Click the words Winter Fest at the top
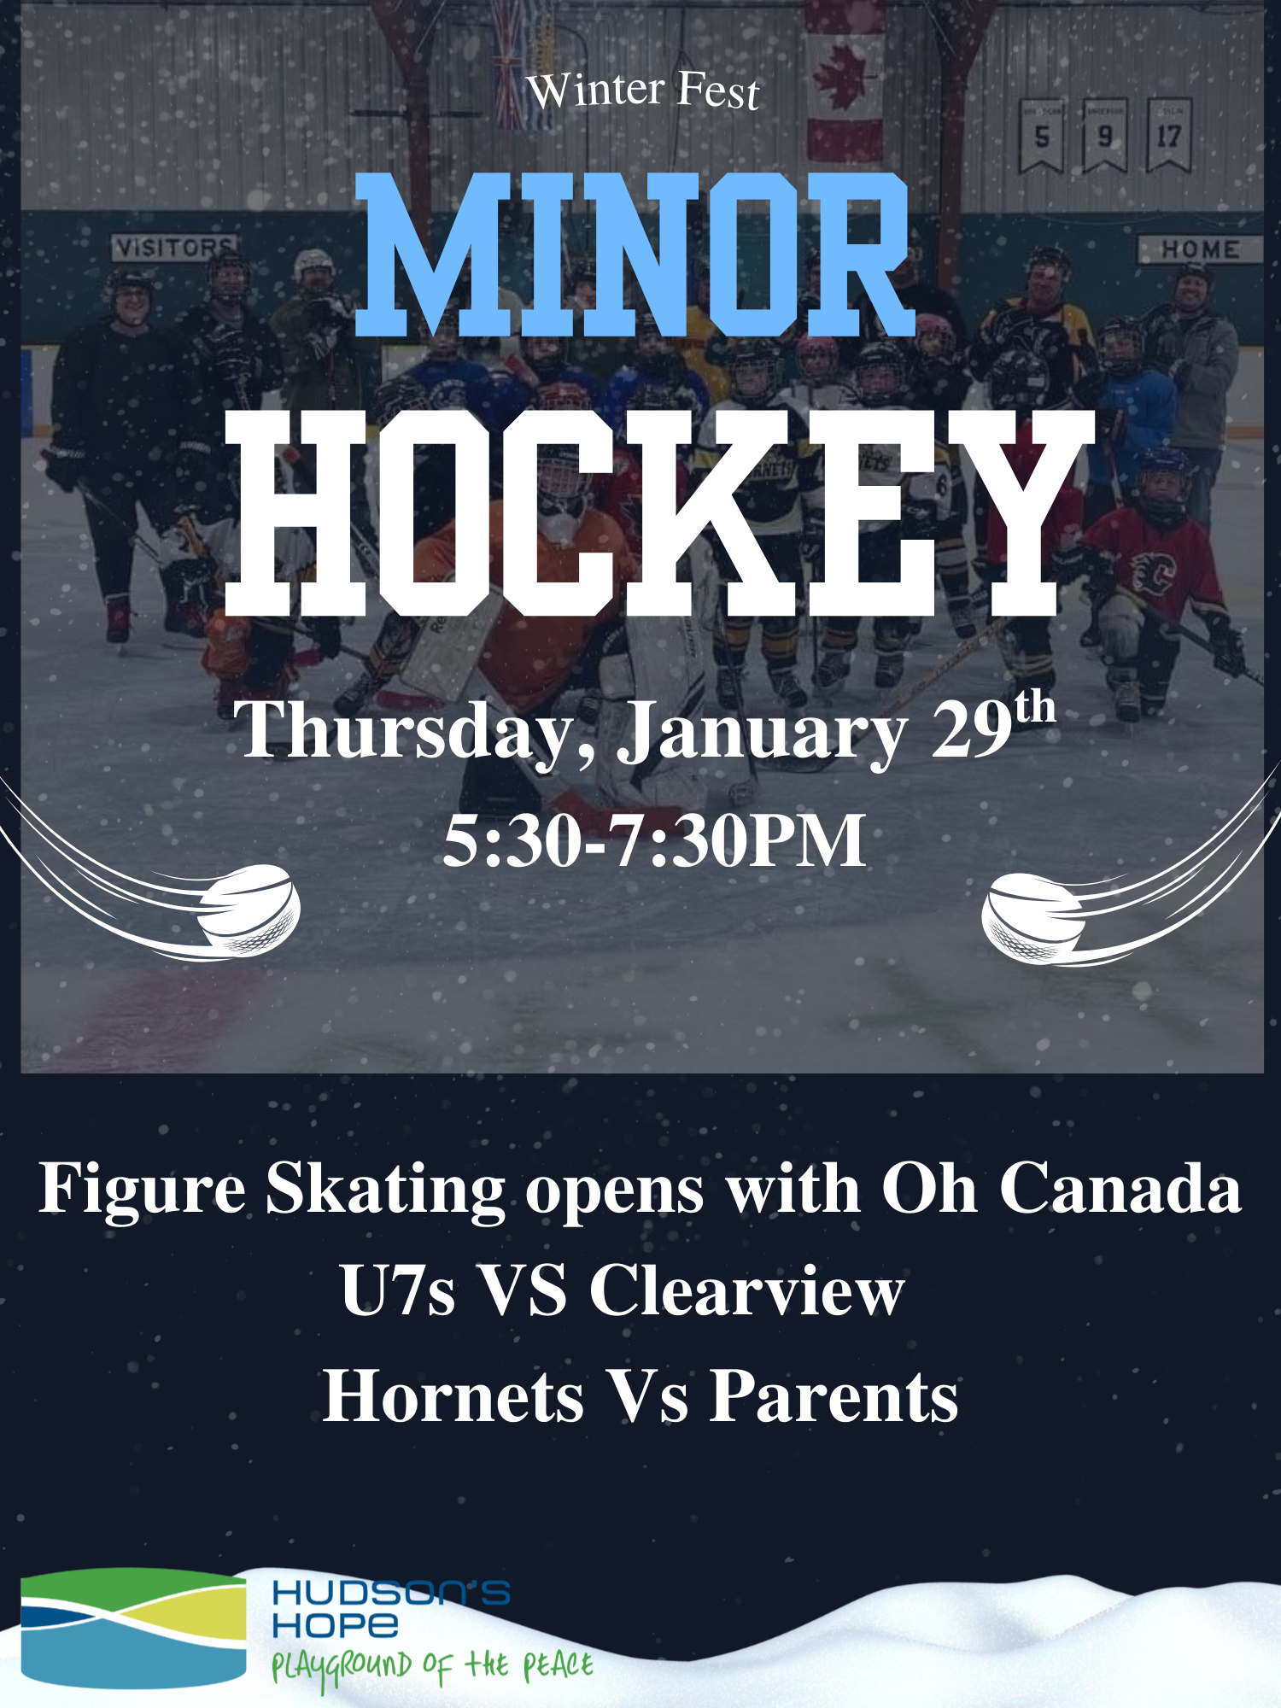point(643,91)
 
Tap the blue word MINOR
point(634,254)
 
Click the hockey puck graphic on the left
point(249,910)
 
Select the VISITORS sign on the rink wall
point(174,248)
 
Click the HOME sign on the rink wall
point(1199,249)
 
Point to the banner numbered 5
point(1041,136)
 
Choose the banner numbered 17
point(1168,135)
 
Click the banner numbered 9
point(1105,135)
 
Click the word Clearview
point(746,1290)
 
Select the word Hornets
point(453,1396)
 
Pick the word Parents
point(834,1396)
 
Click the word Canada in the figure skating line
point(1120,1188)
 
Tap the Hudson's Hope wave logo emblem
point(133,1628)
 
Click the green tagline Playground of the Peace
point(432,1668)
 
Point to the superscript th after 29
point(1035,709)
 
